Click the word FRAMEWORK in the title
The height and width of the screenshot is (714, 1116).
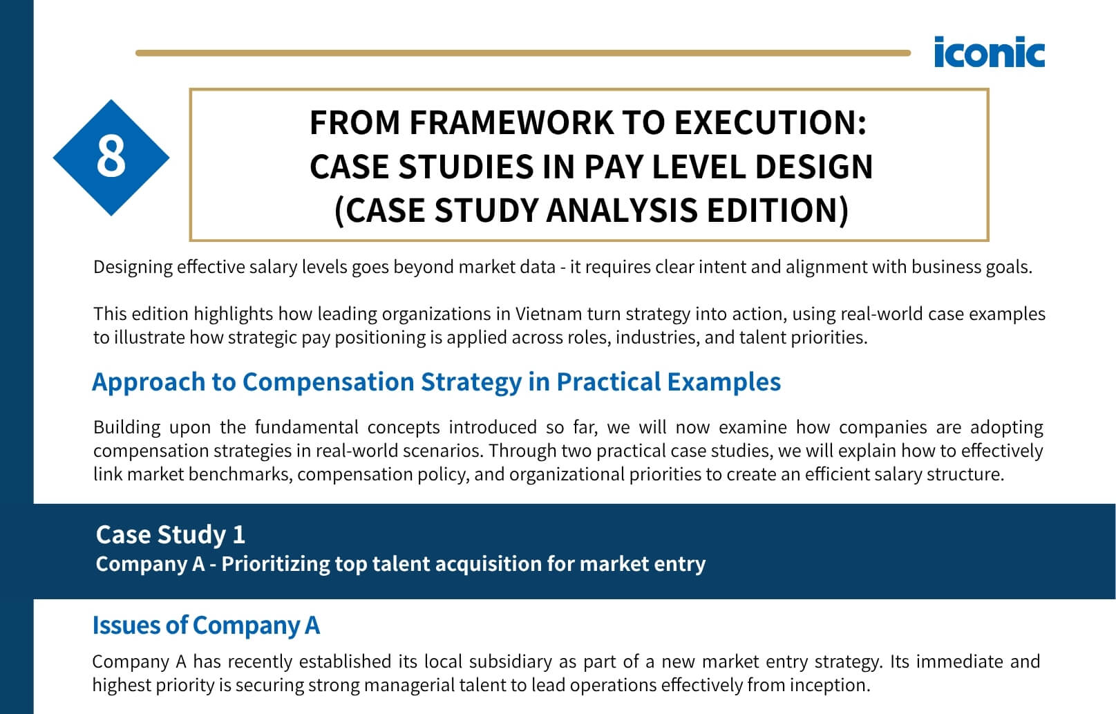point(511,122)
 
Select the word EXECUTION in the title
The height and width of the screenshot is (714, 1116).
point(770,122)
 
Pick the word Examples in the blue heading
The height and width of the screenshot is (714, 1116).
point(724,382)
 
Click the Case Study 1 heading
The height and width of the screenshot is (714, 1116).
point(171,534)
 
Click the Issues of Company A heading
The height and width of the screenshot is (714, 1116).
point(206,626)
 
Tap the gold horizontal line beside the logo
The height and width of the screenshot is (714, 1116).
point(523,53)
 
